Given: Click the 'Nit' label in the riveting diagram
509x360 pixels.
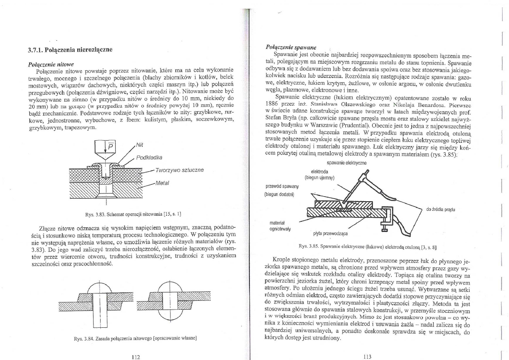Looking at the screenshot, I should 139,145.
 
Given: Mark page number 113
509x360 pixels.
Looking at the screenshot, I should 367,356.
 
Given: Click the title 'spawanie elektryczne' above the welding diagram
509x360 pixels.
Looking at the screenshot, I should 346,163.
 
